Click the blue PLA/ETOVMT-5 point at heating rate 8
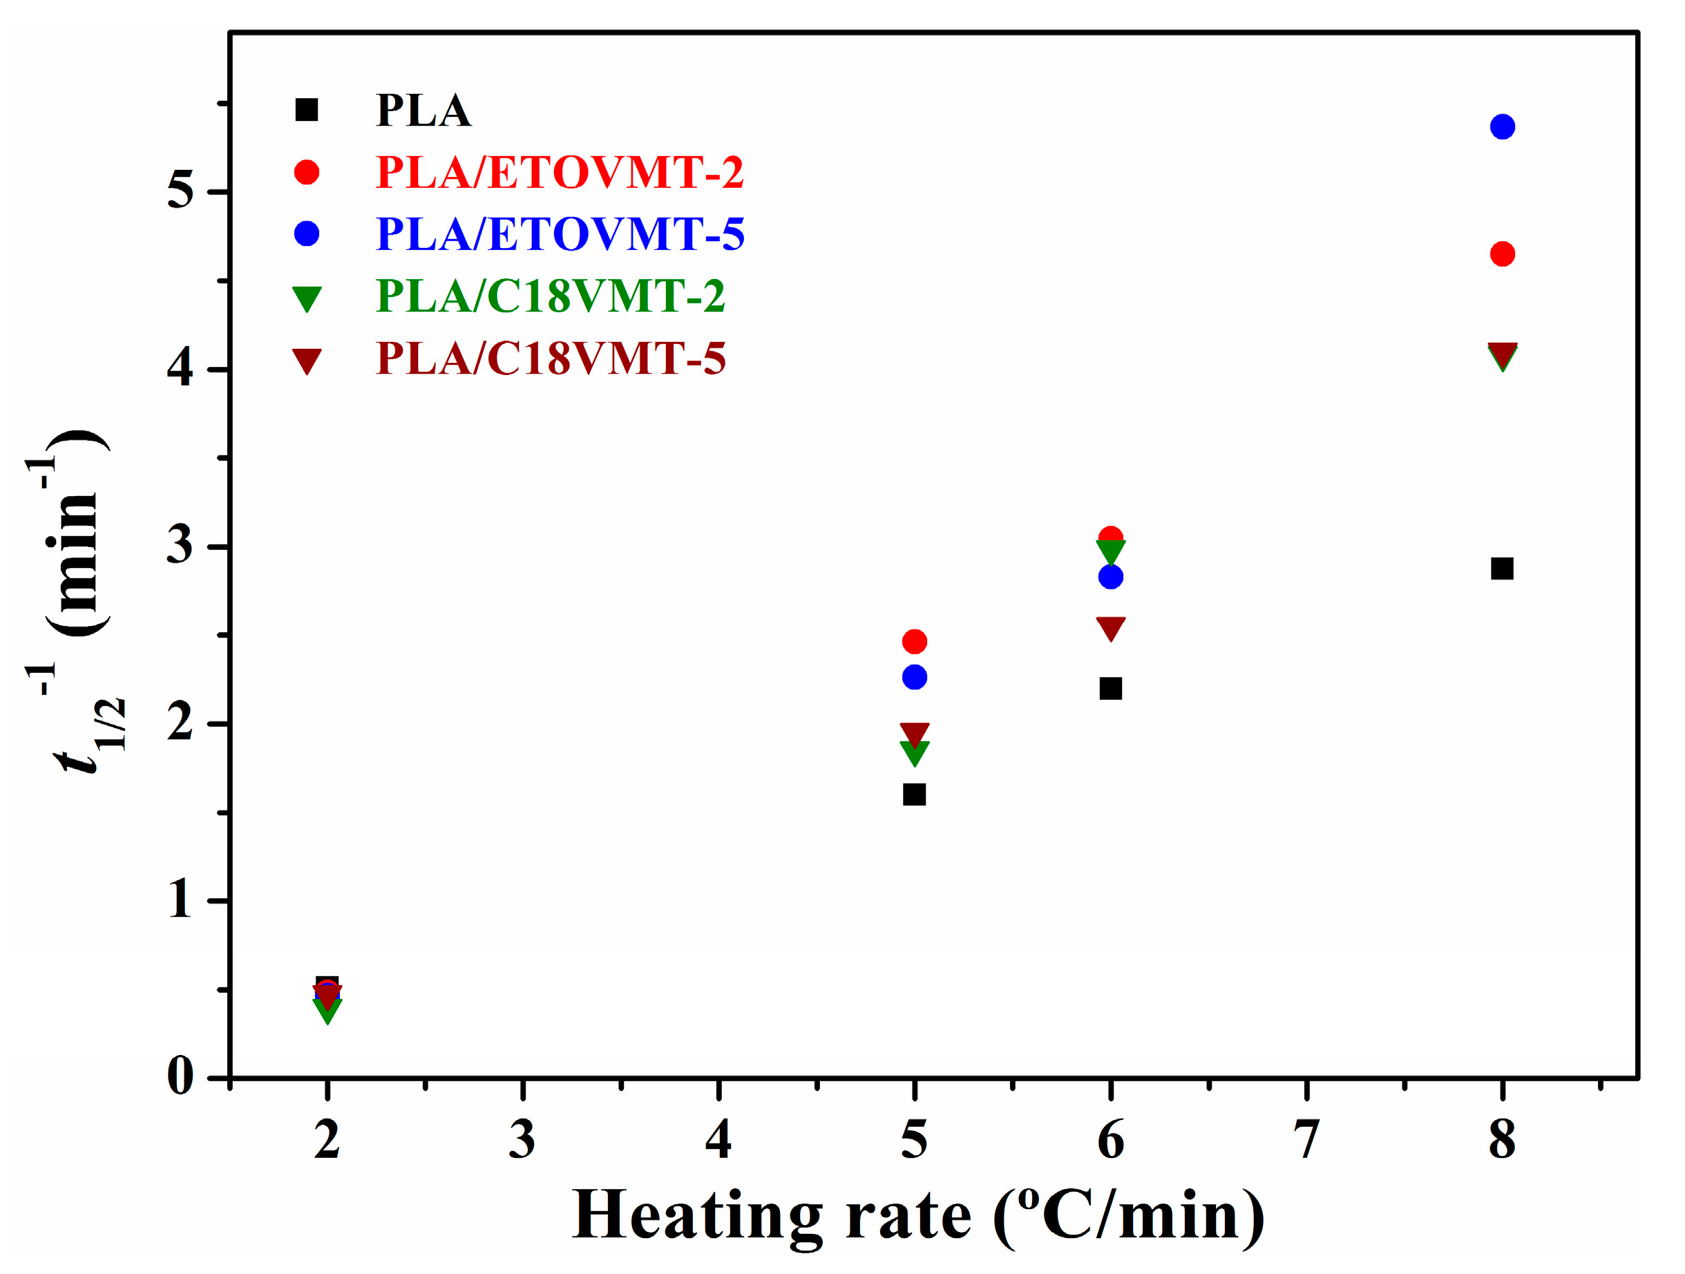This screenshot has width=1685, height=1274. (1501, 126)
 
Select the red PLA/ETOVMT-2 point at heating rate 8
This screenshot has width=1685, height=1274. (1501, 254)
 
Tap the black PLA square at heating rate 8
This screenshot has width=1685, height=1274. (1501, 569)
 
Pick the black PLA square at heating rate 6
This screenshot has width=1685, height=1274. (1111, 688)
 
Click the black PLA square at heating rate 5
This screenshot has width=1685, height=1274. (914, 795)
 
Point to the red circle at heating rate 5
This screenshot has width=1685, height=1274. (914, 642)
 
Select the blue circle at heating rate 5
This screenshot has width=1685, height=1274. (914, 676)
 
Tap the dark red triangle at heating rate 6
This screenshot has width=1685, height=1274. (1111, 627)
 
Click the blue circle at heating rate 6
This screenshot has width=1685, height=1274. (1111, 577)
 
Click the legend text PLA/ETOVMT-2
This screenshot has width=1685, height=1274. (559, 172)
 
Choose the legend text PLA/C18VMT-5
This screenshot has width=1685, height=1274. (551, 358)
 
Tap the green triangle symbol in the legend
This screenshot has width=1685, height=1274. (307, 298)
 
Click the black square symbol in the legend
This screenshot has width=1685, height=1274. (306, 110)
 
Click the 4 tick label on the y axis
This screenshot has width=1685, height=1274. (180, 370)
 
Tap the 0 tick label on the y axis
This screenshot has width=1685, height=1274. (180, 1076)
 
